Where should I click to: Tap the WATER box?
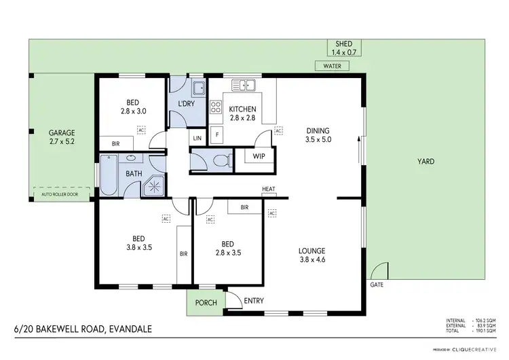coord(332,66)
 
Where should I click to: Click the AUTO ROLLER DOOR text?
coord(61,193)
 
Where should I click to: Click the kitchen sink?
coord(243,86)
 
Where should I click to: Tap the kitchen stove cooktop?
coord(216,107)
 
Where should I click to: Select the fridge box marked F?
coord(216,134)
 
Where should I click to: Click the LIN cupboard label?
coord(197,139)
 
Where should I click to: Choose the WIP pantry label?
coord(259,156)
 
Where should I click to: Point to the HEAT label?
coord(267,190)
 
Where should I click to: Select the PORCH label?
coord(206,303)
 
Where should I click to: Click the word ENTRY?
coord(253,301)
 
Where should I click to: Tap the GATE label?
coord(377,285)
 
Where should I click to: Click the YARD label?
coord(426,162)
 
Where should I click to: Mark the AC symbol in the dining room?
coord(278,130)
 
